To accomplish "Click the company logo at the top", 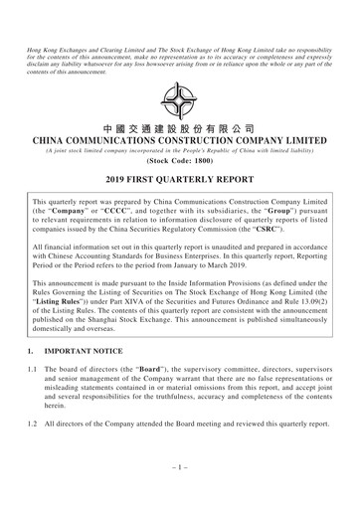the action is tap(179, 99).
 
